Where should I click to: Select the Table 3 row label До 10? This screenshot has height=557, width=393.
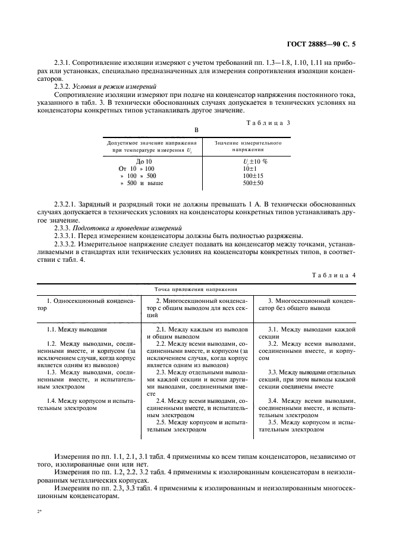(144, 161)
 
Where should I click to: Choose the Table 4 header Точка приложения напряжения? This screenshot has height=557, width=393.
(196, 288)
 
